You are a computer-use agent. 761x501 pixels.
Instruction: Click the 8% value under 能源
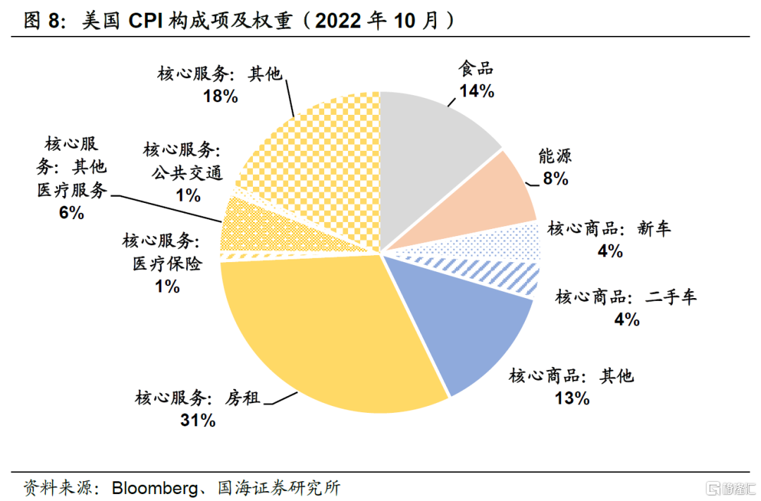tap(555, 179)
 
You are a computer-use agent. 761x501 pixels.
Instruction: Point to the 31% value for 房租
tap(197, 421)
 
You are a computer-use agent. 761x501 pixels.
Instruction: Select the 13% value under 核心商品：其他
tap(571, 398)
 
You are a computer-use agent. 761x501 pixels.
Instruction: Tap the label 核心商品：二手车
tap(626, 297)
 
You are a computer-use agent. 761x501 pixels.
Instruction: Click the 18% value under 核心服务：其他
tap(221, 96)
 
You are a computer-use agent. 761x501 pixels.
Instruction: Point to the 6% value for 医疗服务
tap(71, 212)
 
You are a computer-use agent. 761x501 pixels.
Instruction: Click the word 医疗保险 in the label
tap(167, 264)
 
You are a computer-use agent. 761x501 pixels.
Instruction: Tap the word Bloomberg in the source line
tap(152, 487)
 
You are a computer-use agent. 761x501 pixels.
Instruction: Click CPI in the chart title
tap(147, 20)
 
